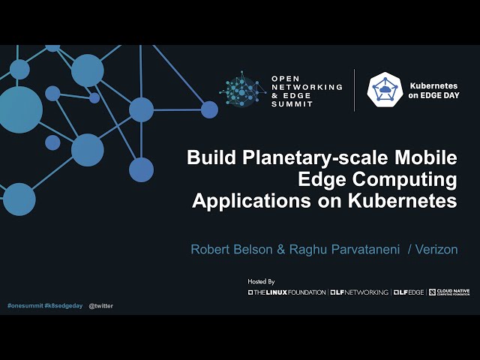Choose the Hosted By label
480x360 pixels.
(262, 281)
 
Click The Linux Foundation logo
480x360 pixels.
(287, 292)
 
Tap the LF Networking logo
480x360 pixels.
(359, 292)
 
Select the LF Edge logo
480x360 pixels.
(408, 292)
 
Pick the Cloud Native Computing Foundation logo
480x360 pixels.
(449, 292)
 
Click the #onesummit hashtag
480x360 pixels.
(25, 306)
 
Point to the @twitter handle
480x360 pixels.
(101, 306)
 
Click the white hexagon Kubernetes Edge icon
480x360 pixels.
(385, 90)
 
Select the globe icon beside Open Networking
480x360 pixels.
(242, 90)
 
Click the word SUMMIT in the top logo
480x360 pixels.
(292, 104)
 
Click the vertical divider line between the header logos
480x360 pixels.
(355, 90)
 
